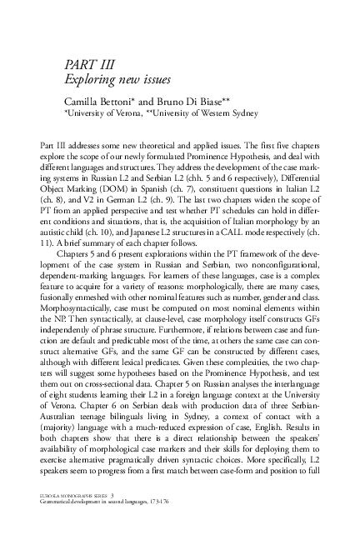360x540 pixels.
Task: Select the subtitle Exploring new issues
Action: click(x=117, y=80)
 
